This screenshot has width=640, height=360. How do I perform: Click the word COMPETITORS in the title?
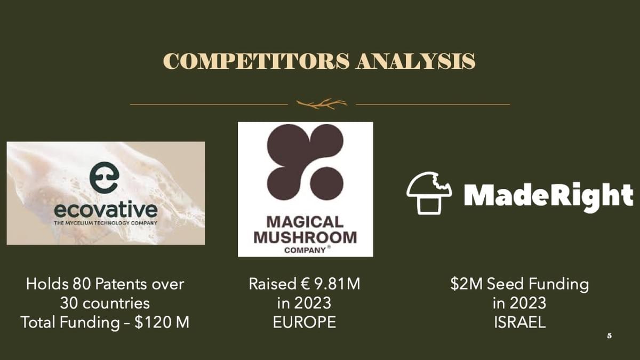(x=257, y=61)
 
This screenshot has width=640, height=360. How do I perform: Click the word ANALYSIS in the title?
(x=415, y=61)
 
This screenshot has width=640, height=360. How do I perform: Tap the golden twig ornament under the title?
(x=322, y=105)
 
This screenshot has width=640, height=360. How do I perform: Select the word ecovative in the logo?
(x=106, y=210)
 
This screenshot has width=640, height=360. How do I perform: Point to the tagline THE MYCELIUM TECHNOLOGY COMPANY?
(x=106, y=223)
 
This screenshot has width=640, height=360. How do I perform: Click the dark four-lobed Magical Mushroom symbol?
(x=305, y=162)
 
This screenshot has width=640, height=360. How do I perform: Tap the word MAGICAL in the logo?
(x=305, y=222)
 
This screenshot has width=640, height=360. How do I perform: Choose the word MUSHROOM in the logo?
(x=305, y=237)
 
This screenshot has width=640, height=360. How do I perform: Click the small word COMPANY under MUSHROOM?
(x=305, y=250)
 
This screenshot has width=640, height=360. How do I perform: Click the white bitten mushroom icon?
(x=429, y=193)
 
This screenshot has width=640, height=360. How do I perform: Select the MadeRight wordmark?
(x=549, y=196)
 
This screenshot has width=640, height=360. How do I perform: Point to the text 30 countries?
(x=105, y=303)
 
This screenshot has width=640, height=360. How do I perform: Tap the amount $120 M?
(x=162, y=322)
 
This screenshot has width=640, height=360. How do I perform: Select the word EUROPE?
(x=305, y=323)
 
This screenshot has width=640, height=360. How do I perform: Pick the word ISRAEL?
(x=519, y=323)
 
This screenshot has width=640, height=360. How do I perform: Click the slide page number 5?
(x=610, y=336)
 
